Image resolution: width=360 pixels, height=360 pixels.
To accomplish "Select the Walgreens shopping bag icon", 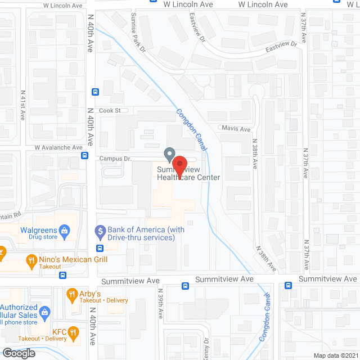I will pos(66,230).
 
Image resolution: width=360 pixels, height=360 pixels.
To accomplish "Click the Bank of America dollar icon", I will pos(100,230).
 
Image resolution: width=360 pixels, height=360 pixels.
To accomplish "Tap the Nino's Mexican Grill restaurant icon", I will pos(32,260).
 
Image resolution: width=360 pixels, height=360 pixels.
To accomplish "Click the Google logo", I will pos(18,353).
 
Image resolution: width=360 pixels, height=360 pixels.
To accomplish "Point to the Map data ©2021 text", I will pos(335,355).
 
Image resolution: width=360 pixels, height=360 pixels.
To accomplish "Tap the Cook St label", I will pos(110,111).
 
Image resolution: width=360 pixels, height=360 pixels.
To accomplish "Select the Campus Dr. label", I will pos(115,159).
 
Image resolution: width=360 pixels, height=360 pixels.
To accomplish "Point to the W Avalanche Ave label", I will pos(55,147).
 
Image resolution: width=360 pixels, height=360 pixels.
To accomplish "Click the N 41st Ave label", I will pos(23,105).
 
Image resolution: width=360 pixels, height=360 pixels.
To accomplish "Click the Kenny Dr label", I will pos(206,346).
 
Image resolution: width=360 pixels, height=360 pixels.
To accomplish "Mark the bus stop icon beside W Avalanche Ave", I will pos(84,156).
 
